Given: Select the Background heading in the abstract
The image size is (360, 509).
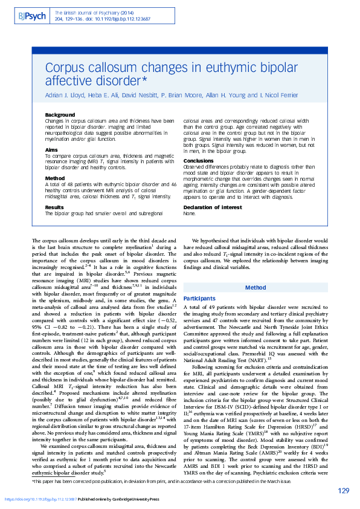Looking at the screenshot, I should click(60, 115).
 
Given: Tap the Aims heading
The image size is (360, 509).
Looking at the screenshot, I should click(52, 149).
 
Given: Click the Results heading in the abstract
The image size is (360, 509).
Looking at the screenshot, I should click(56, 207).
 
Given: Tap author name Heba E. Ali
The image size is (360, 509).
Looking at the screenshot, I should click(103, 96).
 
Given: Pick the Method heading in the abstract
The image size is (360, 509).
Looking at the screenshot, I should click(54, 178).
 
